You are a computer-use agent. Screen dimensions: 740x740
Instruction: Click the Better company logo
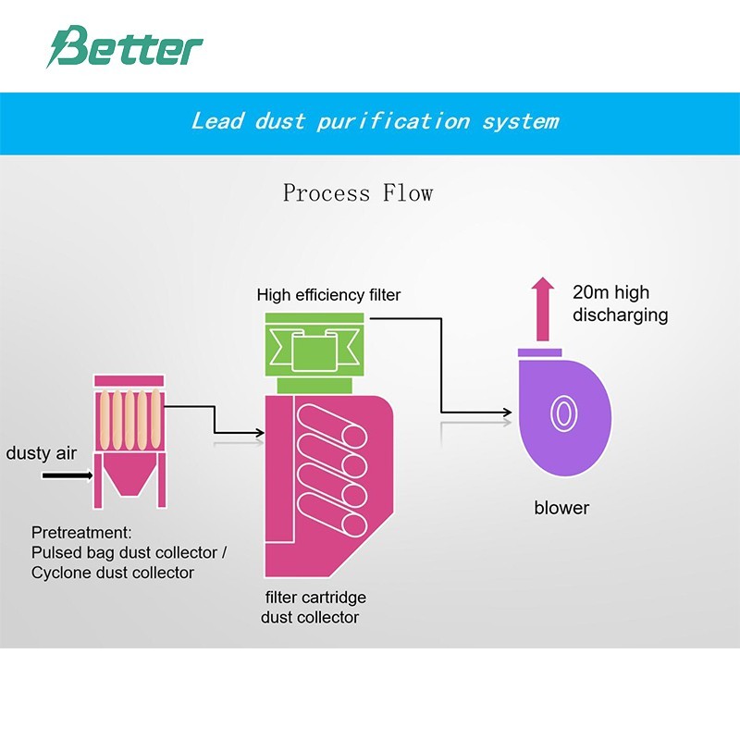(124, 47)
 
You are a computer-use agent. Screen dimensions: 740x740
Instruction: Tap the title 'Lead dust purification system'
(375, 121)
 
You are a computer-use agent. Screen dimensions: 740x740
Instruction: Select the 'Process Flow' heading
(358, 193)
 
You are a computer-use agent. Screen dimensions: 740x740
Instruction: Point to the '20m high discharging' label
(620, 304)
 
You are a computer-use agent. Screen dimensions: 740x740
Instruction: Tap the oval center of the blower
(561, 413)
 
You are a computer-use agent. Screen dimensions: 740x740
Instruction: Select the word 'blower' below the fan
(561, 508)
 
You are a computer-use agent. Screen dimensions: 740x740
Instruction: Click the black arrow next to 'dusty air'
(68, 475)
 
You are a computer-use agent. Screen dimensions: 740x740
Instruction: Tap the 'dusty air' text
(42, 453)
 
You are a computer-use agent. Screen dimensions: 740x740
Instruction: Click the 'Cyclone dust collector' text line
(113, 573)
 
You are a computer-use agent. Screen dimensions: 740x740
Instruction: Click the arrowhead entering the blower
(507, 412)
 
